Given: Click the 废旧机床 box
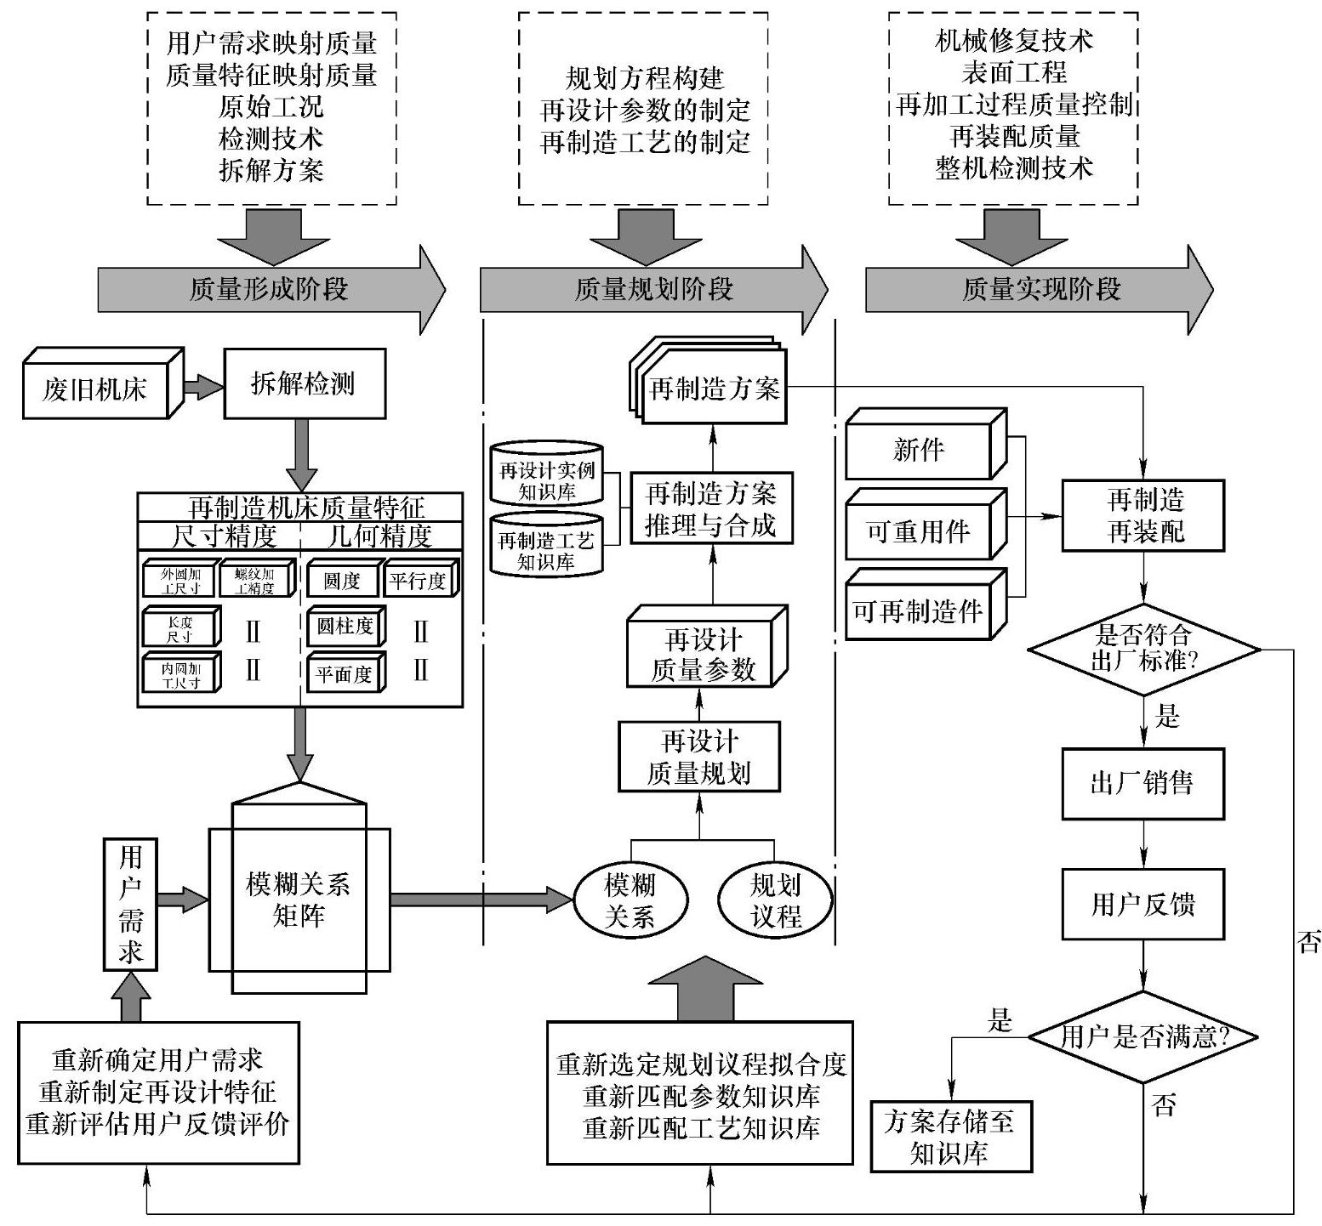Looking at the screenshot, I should pyautogui.click(x=95, y=389).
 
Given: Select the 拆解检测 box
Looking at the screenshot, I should pyautogui.click(x=304, y=384).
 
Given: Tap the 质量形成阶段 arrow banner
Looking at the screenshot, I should pyautogui.click(x=269, y=290).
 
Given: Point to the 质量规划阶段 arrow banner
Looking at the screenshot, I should pyautogui.click(x=652, y=290).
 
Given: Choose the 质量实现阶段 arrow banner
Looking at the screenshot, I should pyautogui.click(x=1040, y=290).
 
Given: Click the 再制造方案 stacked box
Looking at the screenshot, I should pyautogui.click(x=714, y=389).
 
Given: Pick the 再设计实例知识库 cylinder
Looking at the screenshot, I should pyautogui.click(x=547, y=478).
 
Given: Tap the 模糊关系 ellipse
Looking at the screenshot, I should pyautogui.click(x=630, y=900).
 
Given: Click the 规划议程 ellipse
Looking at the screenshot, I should pyautogui.click(x=775, y=900).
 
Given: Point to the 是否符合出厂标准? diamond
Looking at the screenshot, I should pyautogui.click(x=1143, y=649).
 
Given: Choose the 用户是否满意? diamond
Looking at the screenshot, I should pyautogui.click(x=1143, y=1036).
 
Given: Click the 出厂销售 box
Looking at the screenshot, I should pyautogui.click(x=1143, y=783).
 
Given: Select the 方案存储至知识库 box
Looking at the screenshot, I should pyautogui.click(x=950, y=1137).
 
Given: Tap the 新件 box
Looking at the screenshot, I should pyautogui.click(x=919, y=448).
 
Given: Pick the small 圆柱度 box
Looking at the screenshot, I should pyautogui.click(x=344, y=627).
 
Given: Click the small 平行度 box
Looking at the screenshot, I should pyautogui.click(x=418, y=581).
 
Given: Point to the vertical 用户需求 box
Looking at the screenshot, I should pyautogui.click(x=130, y=903).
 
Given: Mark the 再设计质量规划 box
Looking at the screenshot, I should pyautogui.click(x=699, y=757).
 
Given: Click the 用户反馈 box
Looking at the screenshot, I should pyautogui.click(x=1143, y=904).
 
